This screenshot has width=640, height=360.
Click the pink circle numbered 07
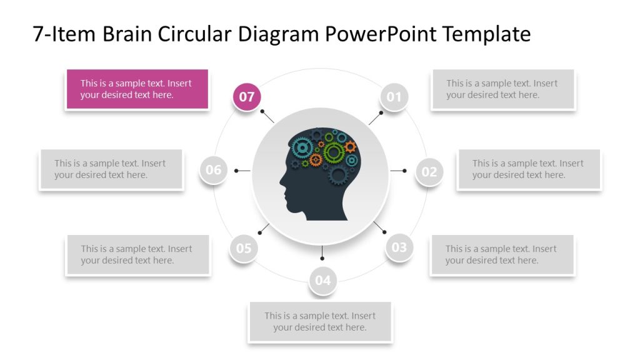[x=247, y=97]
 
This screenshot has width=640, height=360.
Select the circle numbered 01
[x=394, y=97]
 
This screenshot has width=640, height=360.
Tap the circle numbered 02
[x=429, y=171]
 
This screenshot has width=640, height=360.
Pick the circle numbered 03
[x=399, y=247]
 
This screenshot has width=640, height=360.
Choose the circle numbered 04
[x=322, y=280]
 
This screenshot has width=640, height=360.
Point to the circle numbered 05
[x=244, y=248]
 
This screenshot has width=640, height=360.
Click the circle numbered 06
[x=214, y=170]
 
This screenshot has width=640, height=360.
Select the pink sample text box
[x=136, y=89]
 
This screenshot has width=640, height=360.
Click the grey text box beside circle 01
[x=502, y=89]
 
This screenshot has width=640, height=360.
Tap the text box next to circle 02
[x=529, y=169]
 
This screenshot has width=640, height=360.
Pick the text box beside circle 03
[x=502, y=254]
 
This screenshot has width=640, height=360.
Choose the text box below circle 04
[x=320, y=321]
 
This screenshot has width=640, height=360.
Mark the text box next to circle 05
[x=137, y=254]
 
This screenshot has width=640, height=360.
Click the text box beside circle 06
[x=111, y=169]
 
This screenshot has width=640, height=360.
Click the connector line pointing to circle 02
[x=398, y=171]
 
